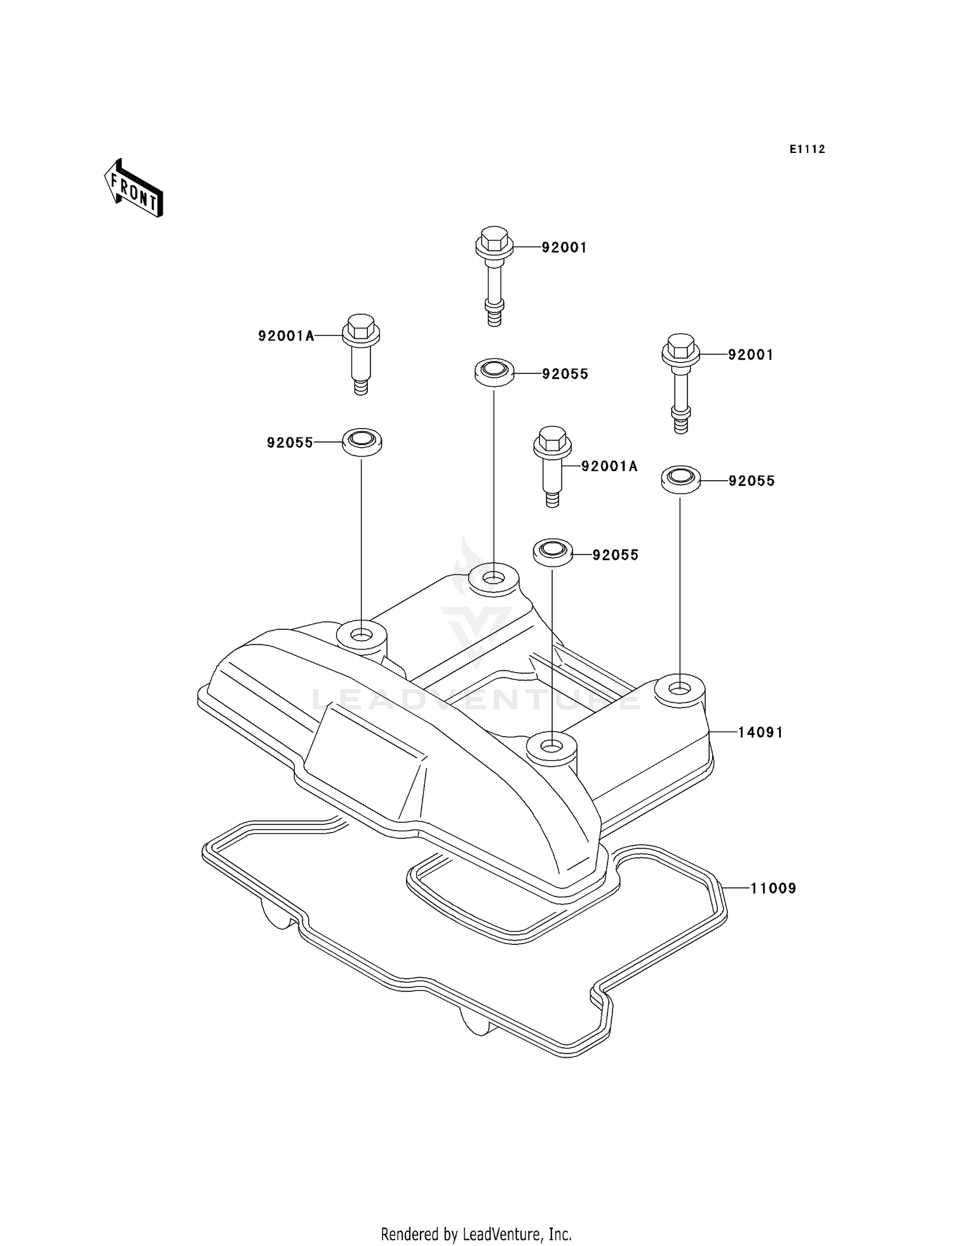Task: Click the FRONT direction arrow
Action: click(x=133, y=189)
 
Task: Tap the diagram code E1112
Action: click(x=807, y=149)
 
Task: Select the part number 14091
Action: click(x=760, y=732)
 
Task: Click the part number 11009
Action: click(x=773, y=888)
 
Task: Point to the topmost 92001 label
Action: click(x=564, y=248)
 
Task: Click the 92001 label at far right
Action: click(x=750, y=355)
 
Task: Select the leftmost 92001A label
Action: click(x=286, y=336)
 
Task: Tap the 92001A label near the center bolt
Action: click(x=609, y=467)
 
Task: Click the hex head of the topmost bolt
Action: click(x=494, y=238)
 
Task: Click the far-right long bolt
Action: click(x=680, y=381)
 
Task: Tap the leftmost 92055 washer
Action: click(x=362, y=441)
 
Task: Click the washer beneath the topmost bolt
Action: click(x=494, y=372)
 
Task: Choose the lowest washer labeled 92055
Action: click(x=552, y=551)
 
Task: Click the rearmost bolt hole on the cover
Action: click(x=493, y=579)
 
